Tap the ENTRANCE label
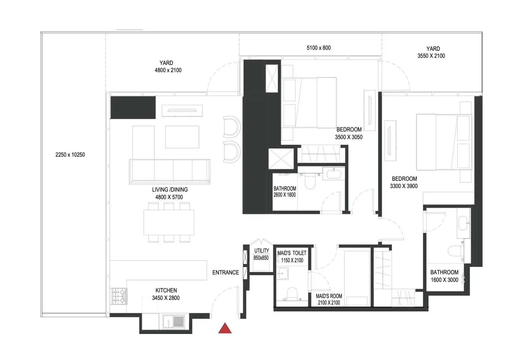pos(226,272)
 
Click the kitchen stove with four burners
pos(119,296)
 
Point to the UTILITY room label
pos(261,254)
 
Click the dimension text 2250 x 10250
pos(70,155)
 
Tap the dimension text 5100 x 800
pos(318,48)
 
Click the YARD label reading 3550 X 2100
pos(431,52)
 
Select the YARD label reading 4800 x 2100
pos(168,67)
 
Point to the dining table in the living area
pos(169,222)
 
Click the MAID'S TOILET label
pos(292,257)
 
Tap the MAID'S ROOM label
pos(329,299)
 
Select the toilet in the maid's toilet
pos(292,293)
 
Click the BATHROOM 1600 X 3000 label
pos(444,276)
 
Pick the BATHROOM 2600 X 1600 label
pos(285,191)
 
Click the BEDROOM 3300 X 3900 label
pos(404,182)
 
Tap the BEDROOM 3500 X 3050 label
pos(349,133)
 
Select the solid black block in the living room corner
pos(133,107)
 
